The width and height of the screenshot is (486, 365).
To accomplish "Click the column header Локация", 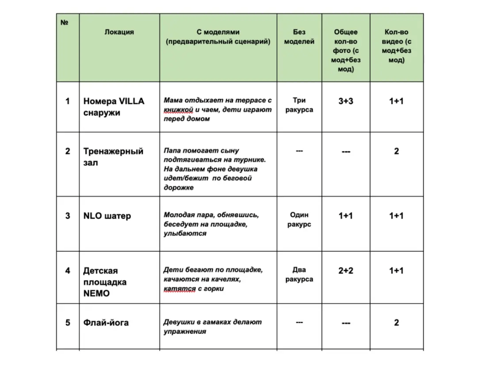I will [119, 32].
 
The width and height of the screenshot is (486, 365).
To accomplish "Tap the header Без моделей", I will [299, 37].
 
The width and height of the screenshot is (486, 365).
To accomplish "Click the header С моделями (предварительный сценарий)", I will [218, 37].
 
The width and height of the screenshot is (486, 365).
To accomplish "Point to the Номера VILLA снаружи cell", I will [114, 106].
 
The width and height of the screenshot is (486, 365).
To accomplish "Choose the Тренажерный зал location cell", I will [113, 157].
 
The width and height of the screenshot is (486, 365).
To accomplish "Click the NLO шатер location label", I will [107, 216].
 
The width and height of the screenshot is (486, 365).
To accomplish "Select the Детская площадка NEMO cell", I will [105, 281].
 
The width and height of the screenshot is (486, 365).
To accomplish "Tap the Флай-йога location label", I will [106, 323].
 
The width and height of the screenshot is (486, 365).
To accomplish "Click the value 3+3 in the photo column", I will [346, 101].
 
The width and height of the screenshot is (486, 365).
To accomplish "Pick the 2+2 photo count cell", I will [346, 271].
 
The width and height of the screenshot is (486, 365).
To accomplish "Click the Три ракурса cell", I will [299, 105].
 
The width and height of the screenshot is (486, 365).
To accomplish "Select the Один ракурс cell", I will [299, 220].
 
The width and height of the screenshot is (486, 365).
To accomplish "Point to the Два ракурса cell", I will [299, 274].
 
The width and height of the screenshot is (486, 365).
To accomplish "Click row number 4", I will [68, 271].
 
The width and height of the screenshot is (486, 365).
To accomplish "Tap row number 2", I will [68, 152].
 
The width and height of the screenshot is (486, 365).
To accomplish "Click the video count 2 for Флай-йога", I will [396, 323].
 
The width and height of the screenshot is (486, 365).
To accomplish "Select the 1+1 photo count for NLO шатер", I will [346, 216].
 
